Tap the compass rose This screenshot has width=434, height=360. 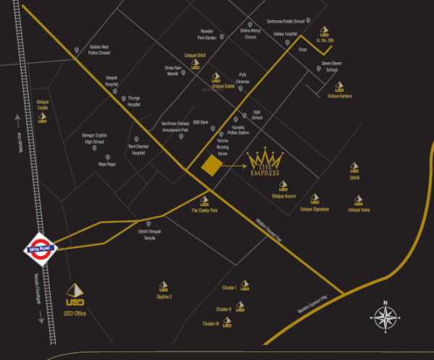click(386, 317)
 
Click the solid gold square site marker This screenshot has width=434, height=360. click(210, 165)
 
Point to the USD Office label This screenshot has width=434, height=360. click(75, 314)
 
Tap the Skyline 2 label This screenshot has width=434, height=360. click(163, 296)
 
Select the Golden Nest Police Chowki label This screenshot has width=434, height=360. click(98, 49)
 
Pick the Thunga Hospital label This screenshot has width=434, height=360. click(134, 102)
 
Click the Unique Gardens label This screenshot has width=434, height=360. click(339, 95)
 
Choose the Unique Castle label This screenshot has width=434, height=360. click(42, 105)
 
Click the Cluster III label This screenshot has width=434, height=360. click(210, 323)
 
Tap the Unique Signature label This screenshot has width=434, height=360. click(315, 209)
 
